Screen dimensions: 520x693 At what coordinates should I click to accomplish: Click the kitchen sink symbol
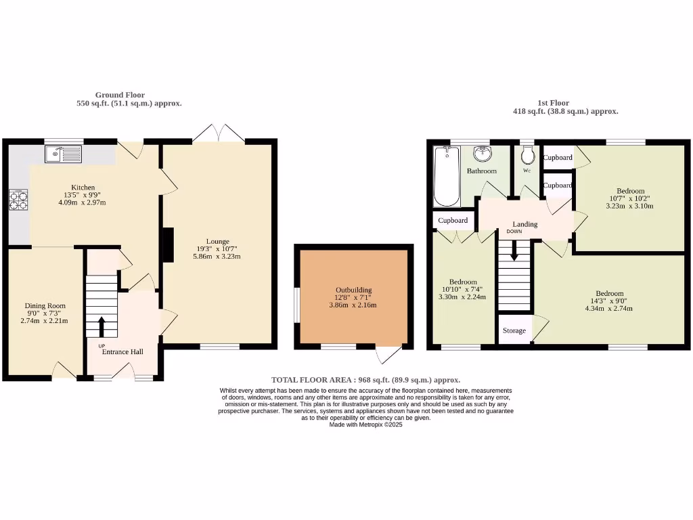[x=63, y=155]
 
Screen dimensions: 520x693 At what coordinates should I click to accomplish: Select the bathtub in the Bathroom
[x=446, y=176]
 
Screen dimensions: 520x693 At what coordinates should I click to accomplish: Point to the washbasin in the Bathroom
[x=482, y=153]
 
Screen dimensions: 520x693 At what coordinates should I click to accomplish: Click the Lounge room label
[x=218, y=241]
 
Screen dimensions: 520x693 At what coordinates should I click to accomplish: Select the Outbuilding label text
[x=353, y=290]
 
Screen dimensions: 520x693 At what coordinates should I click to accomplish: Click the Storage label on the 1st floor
[x=514, y=331]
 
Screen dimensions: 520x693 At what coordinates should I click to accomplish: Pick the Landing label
[x=525, y=224]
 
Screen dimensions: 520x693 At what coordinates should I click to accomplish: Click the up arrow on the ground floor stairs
[x=102, y=326]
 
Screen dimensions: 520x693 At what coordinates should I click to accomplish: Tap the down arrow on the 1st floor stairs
[x=514, y=252]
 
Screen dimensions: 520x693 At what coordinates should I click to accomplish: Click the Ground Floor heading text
[x=120, y=95]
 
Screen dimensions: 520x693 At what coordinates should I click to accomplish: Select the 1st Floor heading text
[x=553, y=103]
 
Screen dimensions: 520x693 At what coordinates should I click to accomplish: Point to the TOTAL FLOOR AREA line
[x=365, y=380]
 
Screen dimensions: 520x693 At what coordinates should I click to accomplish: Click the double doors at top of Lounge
[x=219, y=133]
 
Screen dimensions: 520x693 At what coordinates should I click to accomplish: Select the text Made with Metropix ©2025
[x=365, y=425]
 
